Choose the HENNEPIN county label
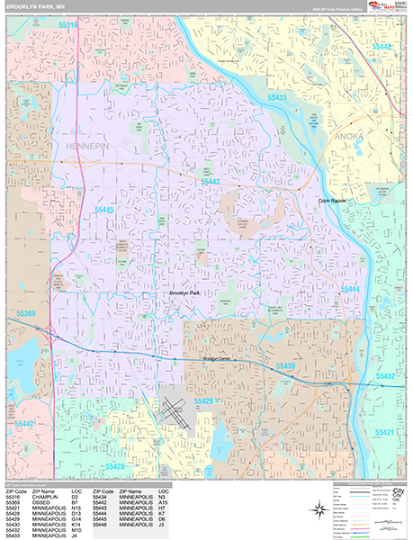click(x=87, y=144)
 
